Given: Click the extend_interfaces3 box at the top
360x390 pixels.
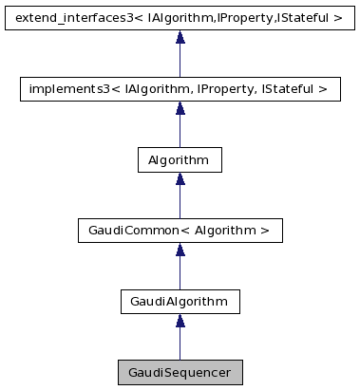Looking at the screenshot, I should click(x=180, y=17).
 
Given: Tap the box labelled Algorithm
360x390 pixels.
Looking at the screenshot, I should click(x=180, y=159).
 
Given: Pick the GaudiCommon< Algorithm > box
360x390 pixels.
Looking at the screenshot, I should click(x=180, y=231).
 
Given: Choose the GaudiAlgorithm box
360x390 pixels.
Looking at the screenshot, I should click(x=180, y=302).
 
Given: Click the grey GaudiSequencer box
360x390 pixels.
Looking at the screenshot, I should click(x=180, y=372).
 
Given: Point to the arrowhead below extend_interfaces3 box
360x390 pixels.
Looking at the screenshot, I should click(x=180, y=37).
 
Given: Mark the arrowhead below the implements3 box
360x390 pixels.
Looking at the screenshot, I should click(x=180, y=108).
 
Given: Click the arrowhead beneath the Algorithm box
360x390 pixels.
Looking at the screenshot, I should click(x=180, y=179).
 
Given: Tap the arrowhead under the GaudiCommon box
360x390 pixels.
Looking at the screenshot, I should click(x=180, y=251).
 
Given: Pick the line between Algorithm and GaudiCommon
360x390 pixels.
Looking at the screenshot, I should click(x=180, y=201).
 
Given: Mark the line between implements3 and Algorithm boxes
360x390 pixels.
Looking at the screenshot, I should click(x=180, y=130).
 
